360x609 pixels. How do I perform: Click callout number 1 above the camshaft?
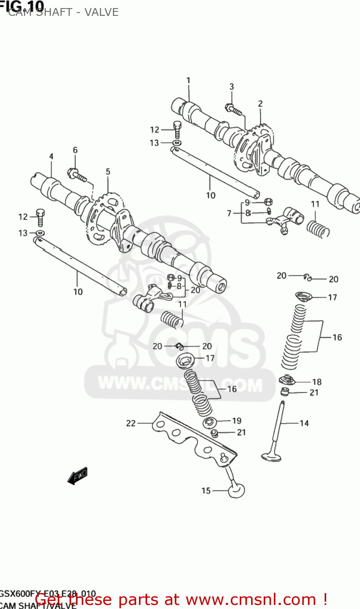click(x=188, y=80)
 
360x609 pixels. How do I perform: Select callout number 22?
click(x=131, y=423)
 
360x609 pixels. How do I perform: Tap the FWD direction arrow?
click(x=78, y=475)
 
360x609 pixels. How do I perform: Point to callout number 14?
click(x=304, y=423)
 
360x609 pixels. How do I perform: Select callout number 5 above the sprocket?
click(x=108, y=172)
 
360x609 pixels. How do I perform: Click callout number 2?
click(x=260, y=104)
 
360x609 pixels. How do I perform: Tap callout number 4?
click(x=51, y=156)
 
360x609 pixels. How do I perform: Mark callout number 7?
click(x=229, y=213)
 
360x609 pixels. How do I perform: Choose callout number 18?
click(x=317, y=382)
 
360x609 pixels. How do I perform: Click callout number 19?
click(x=237, y=421)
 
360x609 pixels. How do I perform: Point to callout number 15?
click(x=206, y=491)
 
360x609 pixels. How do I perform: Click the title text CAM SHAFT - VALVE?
click(x=63, y=13)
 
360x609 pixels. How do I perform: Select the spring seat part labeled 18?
click(x=287, y=380)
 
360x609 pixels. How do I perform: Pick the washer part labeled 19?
click(x=209, y=422)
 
